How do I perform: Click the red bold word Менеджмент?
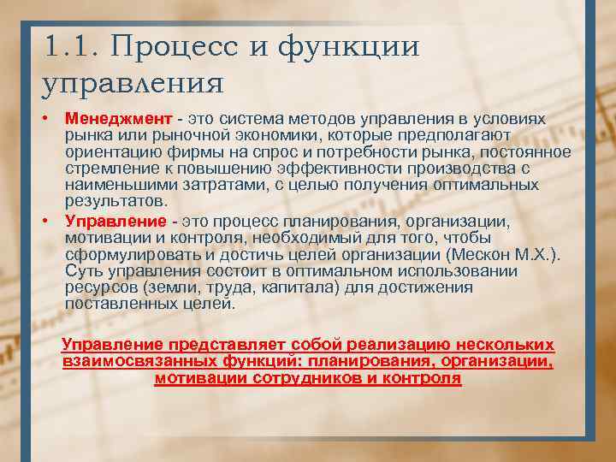(117, 117)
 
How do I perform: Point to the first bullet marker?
(51, 117)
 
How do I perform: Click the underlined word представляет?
(226, 346)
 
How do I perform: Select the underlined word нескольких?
(505, 346)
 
